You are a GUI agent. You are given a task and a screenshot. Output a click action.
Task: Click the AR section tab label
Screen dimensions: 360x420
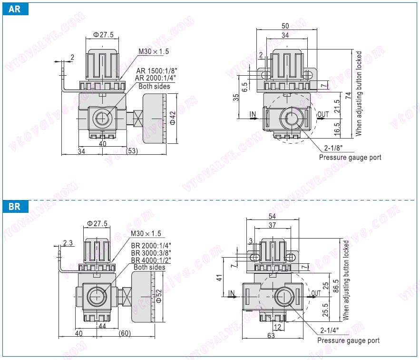15,9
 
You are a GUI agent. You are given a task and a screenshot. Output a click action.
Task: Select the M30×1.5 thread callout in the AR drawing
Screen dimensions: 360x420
153,51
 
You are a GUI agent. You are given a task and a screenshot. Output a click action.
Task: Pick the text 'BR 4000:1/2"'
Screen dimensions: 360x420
151,260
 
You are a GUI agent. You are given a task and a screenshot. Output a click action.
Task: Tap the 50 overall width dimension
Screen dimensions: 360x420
285,25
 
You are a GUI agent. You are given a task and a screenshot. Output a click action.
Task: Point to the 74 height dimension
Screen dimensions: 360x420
349,95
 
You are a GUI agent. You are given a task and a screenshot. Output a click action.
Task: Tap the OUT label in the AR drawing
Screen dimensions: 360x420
323,114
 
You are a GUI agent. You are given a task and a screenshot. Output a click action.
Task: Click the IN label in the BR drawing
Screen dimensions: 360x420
232,292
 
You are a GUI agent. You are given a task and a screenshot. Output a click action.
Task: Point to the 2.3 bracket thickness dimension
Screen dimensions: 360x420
67,242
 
